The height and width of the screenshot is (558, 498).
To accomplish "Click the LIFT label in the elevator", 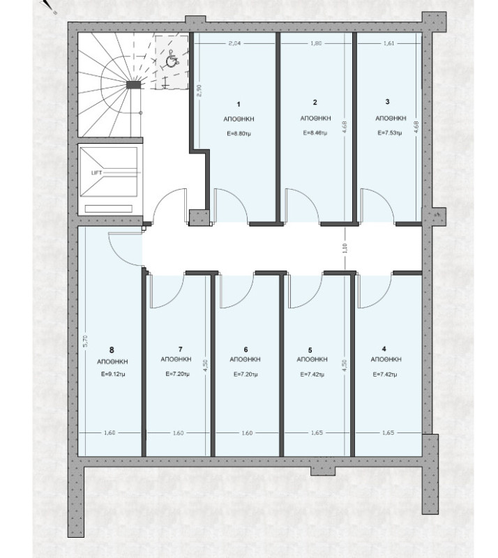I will click(x=96, y=172).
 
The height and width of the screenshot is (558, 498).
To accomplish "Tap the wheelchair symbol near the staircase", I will click(x=169, y=61).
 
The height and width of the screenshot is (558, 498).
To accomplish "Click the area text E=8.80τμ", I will click(x=237, y=133).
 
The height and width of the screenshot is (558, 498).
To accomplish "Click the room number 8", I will click(x=112, y=349).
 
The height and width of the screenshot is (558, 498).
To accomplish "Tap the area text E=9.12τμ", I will click(x=112, y=374).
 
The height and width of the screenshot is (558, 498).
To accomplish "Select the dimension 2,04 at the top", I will click(x=235, y=43).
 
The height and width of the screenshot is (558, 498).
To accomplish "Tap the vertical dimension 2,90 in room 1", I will click(x=199, y=92).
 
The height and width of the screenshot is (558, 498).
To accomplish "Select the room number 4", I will click(x=384, y=349).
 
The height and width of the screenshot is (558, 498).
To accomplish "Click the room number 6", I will click(x=246, y=349).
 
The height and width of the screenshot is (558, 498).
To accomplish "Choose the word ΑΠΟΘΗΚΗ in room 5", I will click(x=312, y=361).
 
